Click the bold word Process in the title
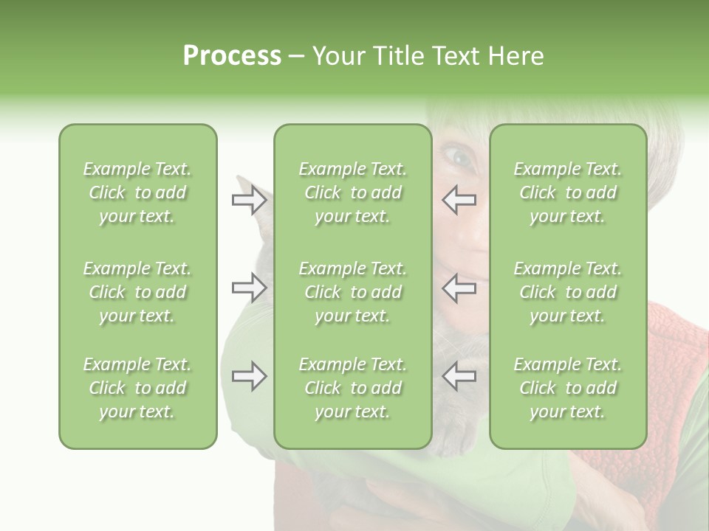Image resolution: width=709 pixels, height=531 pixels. pyautogui.click(x=232, y=56)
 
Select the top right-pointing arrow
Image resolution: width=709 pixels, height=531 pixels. pyautogui.click(x=249, y=200)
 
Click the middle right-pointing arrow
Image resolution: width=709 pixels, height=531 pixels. pyautogui.click(x=249, y=288)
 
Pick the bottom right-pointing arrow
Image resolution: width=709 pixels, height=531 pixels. pyautogui.click(x=249, y=377)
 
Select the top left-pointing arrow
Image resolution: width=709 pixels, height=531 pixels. pyautogui.click(x=459, y=200)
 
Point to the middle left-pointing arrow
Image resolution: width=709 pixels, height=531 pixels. pyautogui.click(x=459, y=288)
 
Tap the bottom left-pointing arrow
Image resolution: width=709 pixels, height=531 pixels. pyautogui.click(x=459, y=377)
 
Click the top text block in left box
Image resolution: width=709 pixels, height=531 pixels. pyautogui.click(x=137, y=192)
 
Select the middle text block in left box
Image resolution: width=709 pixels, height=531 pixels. pyautogui.click(x=137, y=292)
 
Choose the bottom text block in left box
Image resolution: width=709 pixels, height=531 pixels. pyautogui.click(x=137, y=388)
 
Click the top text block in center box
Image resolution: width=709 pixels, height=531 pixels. pyautogui.click(x=352, y=192)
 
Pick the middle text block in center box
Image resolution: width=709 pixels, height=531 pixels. pyautogui.click(x=352, y=292)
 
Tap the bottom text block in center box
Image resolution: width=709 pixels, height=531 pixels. pyautogui.click(x=352, y=388)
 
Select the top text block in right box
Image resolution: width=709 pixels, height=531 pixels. pyautogui.click(x=567, y=192)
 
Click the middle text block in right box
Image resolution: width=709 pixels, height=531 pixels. pyautogui.click(x=567, y=292)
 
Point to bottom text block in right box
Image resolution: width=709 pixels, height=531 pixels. pyautogui.click(x=567, y=388)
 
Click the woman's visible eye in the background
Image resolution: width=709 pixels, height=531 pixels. pyautogui.click(x=458, y=156)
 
